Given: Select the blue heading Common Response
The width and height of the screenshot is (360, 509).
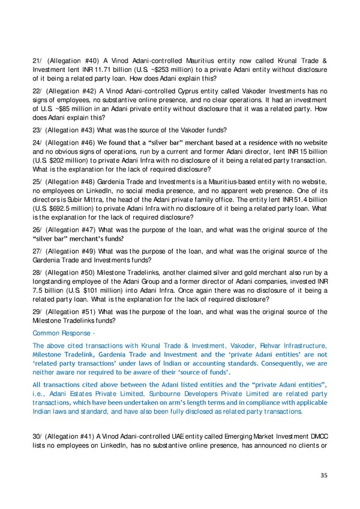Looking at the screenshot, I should [63, 333].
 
